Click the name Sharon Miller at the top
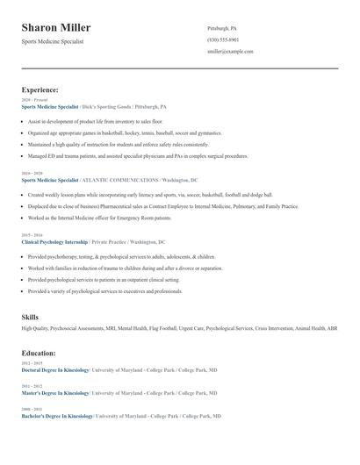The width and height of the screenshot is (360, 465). (56, 28)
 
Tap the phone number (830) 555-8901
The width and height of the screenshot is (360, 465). (223, 40)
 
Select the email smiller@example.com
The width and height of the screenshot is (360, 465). (230, 52)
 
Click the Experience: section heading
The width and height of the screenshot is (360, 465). (40, 89)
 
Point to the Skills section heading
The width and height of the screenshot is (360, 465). (30, 316)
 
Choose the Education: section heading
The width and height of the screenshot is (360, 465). (39, 353)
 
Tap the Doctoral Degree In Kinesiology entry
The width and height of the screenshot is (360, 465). (55, 369)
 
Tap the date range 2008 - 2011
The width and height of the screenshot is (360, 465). (31, 409)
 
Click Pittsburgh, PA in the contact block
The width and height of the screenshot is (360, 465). (222, 29)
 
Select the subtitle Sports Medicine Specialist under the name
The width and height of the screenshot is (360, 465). (53, 41)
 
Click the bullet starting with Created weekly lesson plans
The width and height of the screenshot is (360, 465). (149, 195)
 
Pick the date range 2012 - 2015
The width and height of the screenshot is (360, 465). (31, 363)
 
